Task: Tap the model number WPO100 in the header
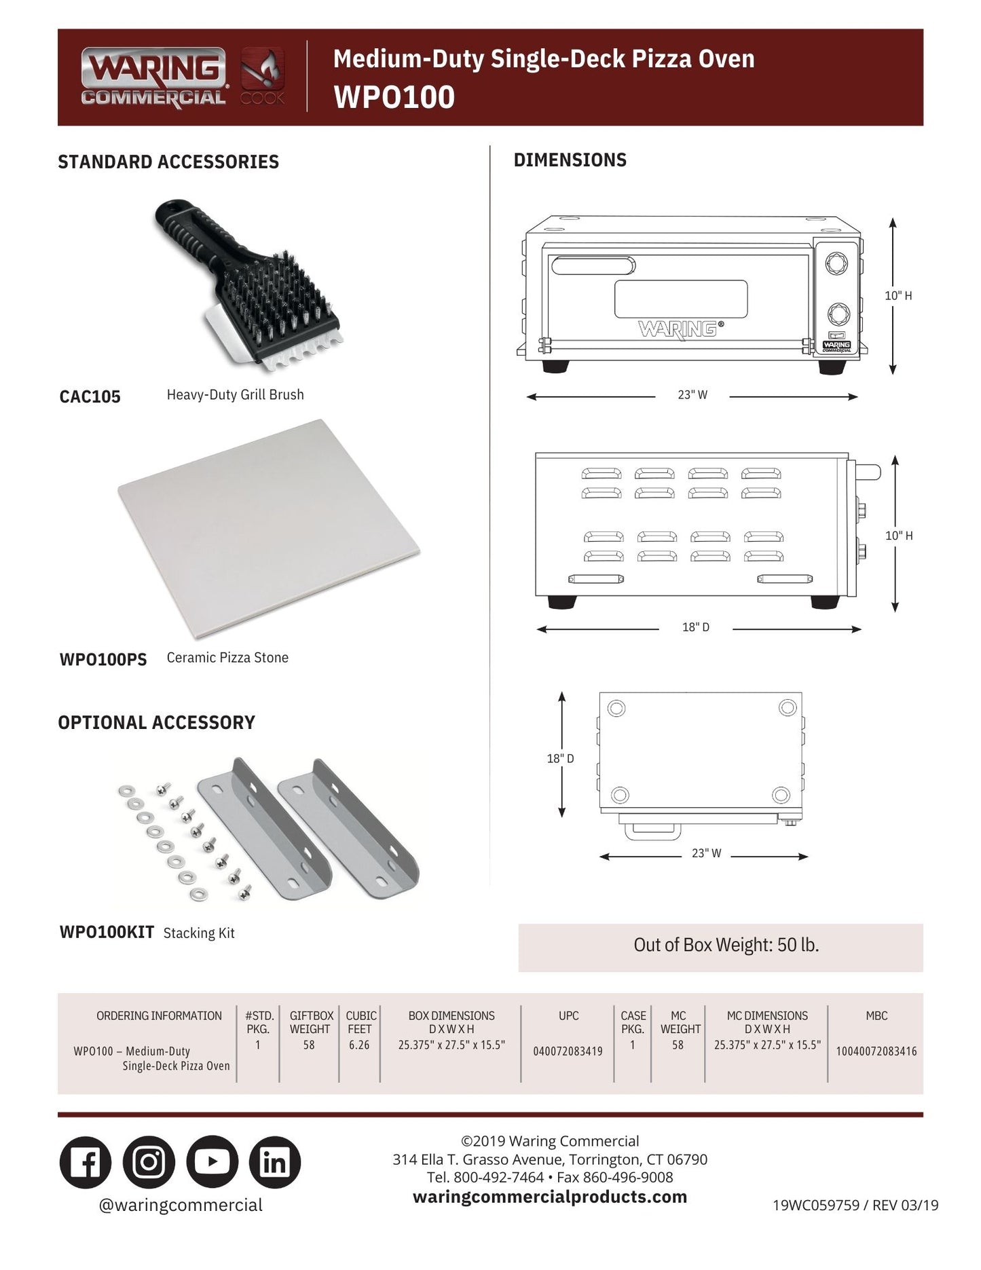[x=394, y=97]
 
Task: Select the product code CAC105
[x=90, y=396]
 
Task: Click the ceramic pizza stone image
[x=267, y=528]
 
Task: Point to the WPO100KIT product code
[x=107, y=932]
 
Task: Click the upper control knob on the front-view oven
[x=838, y=263]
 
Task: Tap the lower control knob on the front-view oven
[x=838, y=314]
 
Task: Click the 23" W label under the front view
[x=692, y=395]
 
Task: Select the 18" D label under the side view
[x=696, y=627]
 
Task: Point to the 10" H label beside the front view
[x=897, y=296]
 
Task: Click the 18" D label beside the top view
[x=560, y=758]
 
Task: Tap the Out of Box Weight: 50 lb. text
[x=726, y=945]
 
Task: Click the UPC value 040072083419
[x=568, y=1051]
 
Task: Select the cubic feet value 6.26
[x=359, y=1045]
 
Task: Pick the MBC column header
[x=876, y=1016]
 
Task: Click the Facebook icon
[x=86, y=1162]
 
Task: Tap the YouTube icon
[x=212, y=1162]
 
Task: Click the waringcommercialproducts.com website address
[x=549, y=1197]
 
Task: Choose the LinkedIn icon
[x=275, y=1162]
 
